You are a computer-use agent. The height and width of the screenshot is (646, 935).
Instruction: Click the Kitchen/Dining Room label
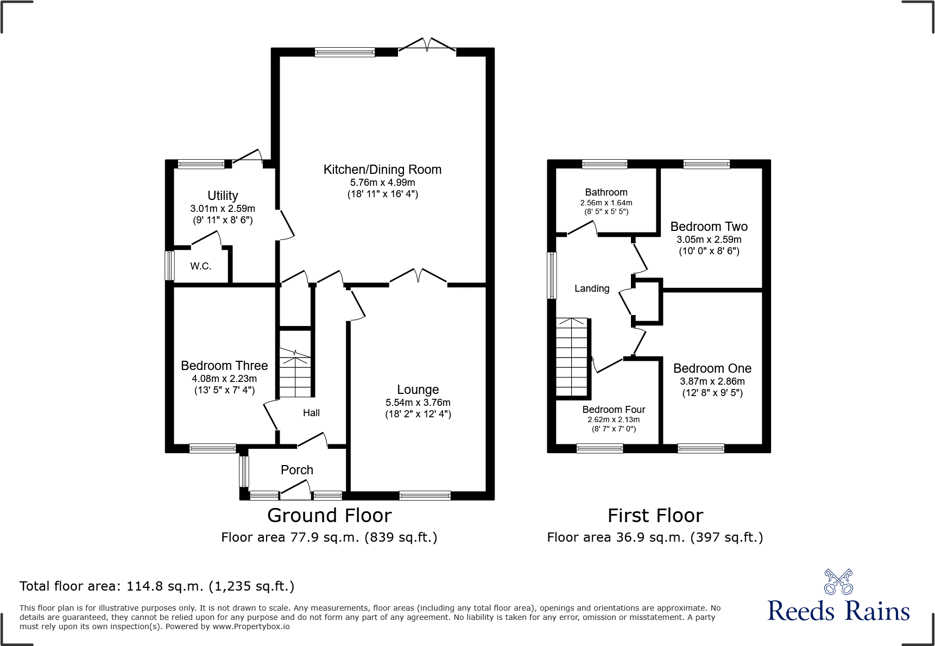click(x=382, y=170)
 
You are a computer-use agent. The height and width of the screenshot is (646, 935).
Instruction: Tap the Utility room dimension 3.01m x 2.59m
click(x=223, y=209)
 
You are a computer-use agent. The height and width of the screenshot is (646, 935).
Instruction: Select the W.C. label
click(x=200, y=266)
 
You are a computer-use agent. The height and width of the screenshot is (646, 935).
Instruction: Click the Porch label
click(x=297, y=470)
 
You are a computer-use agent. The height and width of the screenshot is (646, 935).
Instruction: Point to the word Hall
click(x=311, y=413)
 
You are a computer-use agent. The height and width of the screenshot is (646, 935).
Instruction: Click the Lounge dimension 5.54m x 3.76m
click(x=418, y=403)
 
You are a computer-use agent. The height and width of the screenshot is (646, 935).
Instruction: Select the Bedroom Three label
click(x=224, y=366)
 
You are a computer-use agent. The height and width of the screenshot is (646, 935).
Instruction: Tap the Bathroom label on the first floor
click(x=606, y=192)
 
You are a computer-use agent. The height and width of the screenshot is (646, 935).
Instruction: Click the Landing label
click(x=592, y=288)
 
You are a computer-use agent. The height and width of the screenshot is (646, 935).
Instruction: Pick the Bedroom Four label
click(x=614, y=410)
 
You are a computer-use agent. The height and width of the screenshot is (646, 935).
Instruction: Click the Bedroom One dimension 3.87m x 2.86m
click(x=712, y=381)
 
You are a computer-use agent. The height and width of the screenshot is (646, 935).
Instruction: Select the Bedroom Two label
click(x=709, y=227)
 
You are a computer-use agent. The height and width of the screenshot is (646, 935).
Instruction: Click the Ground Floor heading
click(x=329, y=515)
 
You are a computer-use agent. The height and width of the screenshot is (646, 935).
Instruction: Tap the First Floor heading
click(x=655, y=515)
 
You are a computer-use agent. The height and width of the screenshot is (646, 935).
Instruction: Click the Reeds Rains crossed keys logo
click(x=838, y=582)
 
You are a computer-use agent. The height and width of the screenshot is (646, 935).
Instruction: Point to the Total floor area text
click(x=157, y=586)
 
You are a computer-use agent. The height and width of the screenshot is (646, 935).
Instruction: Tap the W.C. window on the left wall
click(x=170, y=265)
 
